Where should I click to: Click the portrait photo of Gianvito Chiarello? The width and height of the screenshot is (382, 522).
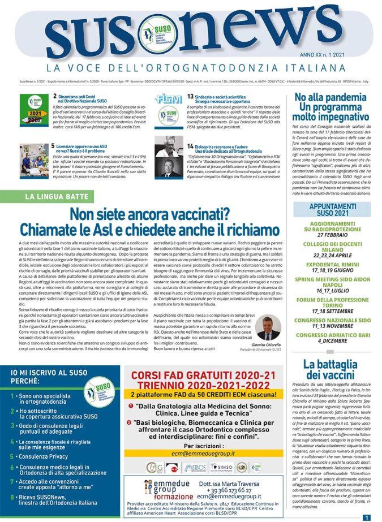pos(265,328)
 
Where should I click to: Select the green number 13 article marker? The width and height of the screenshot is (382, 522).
pos(191,97)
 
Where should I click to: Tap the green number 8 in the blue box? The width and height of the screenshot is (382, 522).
pos(13,498)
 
